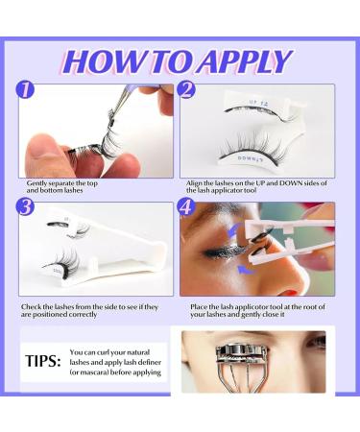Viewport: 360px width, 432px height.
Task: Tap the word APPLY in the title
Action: pos(244,61)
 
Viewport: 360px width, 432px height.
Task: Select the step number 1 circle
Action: pos(25,89)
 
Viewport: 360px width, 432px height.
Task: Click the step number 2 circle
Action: pos(186,89)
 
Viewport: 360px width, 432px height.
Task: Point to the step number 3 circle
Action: pos(25,207)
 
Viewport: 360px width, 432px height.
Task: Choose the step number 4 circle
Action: pos(186,207)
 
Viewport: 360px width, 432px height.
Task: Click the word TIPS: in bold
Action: pos(43,361)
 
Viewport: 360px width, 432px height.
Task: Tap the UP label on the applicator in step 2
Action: pos(253,103)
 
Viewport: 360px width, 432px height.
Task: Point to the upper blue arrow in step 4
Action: pos(234,229)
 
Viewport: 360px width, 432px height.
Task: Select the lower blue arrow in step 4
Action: pos(246,271)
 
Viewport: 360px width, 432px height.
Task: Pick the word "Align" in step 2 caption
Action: pos(194,183)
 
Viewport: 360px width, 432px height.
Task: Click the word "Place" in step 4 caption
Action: pos(199,307)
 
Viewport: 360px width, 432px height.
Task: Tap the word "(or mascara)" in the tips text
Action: pos(89,372)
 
